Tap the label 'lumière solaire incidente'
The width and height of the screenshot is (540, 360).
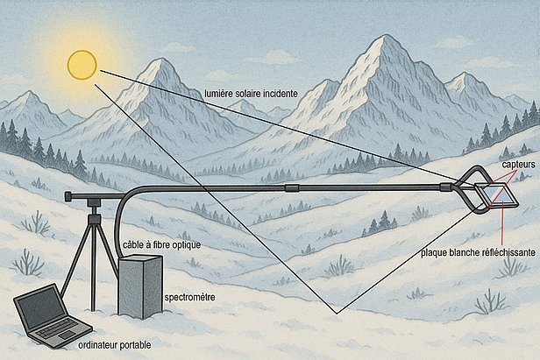(x=250, y=93)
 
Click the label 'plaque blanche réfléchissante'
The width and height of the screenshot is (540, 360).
(x=477, y=250)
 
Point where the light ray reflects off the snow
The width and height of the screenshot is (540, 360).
(x=335, y=312)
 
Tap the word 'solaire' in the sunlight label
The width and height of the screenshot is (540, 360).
(x=245, y=93)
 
